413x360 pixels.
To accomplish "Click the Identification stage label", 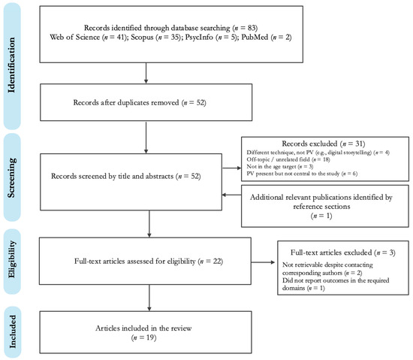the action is click(x=11, y=65).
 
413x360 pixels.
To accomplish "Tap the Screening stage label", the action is click(x=11, y=177).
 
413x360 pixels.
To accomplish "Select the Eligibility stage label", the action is click(x=11, y=259).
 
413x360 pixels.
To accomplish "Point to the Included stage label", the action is click(x=12, y=331).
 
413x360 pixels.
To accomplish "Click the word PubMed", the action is click(x=255, y=37).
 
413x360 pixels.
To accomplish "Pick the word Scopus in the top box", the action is click(x=142, y=37).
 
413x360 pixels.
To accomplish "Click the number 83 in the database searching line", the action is click(x=251, y=28).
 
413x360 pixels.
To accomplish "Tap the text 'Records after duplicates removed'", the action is click(x=126, y=102).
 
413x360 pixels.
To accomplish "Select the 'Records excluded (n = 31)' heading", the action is click(x=323, y=144).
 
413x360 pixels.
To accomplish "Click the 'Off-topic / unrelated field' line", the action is click(x=278, y=159).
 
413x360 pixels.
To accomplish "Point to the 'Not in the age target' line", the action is click(x=271, y=167).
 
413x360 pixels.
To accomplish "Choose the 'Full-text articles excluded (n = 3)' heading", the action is click(x=342, y=253).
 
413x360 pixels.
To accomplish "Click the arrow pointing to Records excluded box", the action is click(x=231, y=168).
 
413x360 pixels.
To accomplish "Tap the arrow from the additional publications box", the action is click(x=231, y=195).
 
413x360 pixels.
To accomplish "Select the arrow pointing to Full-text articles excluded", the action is click(x=263, y=262).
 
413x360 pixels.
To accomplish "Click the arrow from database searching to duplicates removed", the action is click(x=146, y=73).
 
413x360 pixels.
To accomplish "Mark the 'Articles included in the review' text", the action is click(x=143, y=328).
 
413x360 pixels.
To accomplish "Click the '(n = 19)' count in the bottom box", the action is click(x=143, y=337).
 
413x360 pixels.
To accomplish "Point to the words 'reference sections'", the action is click(x=321, y=207).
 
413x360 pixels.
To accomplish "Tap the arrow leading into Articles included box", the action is click(x=149, y=298).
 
